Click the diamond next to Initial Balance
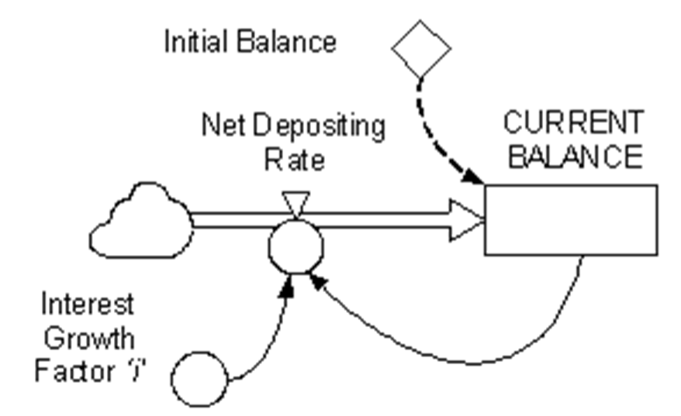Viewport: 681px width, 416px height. (421, 49)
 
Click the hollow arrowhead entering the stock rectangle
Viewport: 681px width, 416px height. (468, 220)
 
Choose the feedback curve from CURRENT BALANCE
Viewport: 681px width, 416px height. (469, 363)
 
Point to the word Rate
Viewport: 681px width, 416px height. (295, 160)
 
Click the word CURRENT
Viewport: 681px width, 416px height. (573, 122)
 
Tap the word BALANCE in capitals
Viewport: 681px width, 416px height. (576, 156)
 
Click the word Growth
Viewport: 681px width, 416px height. (89, 338)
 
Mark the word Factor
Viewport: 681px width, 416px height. (74, 372)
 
